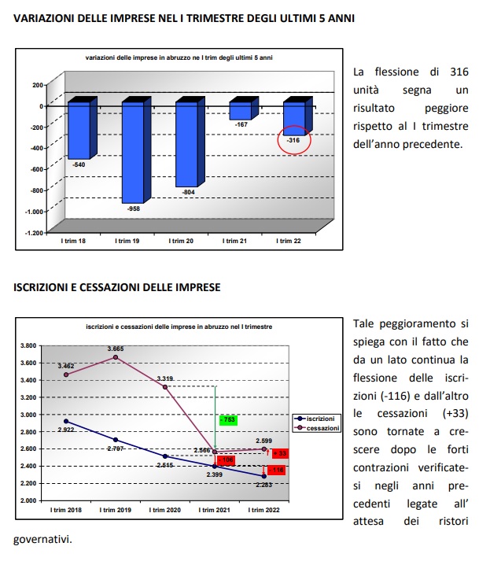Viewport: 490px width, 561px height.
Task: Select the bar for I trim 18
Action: tap(79, 130)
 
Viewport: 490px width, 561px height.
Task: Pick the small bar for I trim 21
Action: tap(240, 110)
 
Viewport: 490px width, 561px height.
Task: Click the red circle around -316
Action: tap(294, 140)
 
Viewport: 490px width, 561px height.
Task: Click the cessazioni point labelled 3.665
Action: tap(116, 357)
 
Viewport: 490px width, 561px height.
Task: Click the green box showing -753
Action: tap(229, 420)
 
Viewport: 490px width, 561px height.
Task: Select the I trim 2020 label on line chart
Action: tap(165, 510)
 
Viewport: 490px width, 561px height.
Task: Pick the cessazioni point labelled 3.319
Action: tap(165, 387)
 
